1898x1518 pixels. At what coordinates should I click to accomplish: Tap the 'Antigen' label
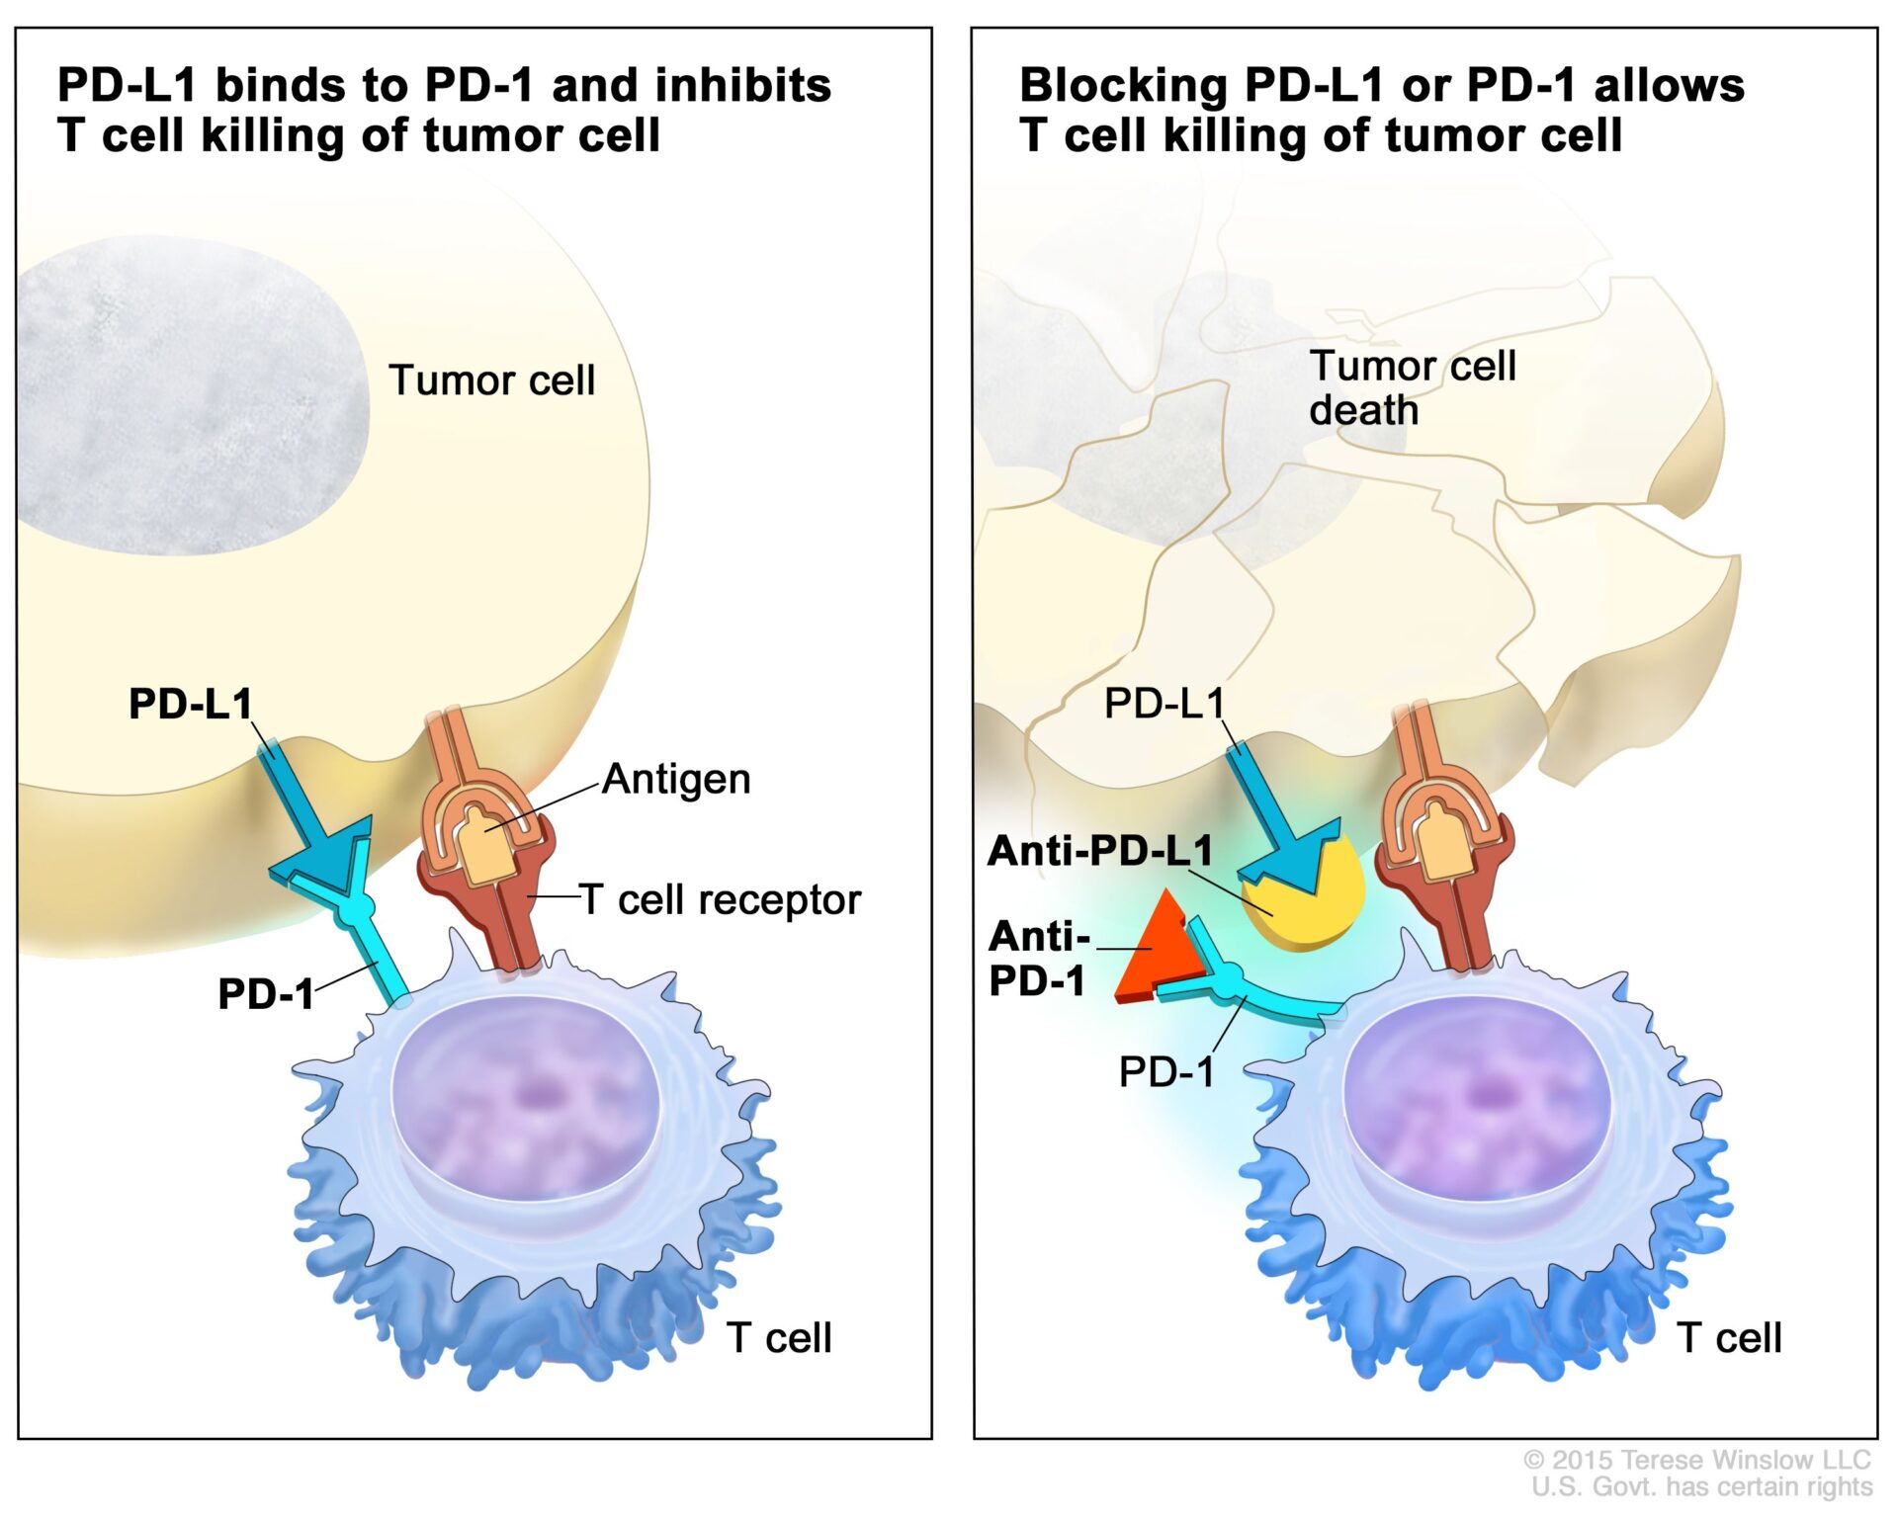676,779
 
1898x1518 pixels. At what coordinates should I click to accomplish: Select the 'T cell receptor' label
721,900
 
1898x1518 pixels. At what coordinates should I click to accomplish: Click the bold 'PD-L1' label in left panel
190,704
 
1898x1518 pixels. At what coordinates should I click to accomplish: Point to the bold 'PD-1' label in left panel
265,993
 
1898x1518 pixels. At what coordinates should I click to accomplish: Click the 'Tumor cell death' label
1412,387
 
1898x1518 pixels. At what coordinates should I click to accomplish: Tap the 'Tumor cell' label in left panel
491,380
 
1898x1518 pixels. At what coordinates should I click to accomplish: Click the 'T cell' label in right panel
1729,1337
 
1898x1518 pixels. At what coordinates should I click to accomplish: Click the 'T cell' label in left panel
779,1337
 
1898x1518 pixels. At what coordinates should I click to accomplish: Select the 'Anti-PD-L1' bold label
1099,851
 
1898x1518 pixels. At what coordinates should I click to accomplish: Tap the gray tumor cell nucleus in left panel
188,395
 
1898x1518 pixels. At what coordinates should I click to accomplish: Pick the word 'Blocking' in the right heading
1123,85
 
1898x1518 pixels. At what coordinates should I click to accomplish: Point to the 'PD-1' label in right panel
1165,1071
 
